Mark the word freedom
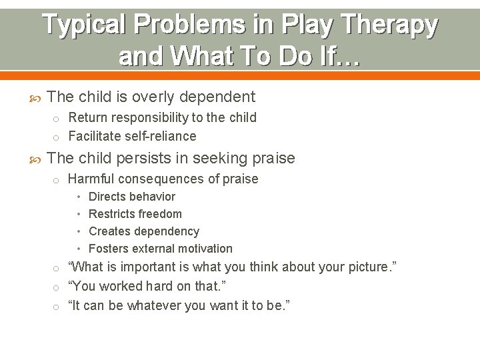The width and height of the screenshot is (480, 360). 162,214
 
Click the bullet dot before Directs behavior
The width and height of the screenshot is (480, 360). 79,197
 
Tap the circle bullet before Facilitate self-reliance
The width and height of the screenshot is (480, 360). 57,137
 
